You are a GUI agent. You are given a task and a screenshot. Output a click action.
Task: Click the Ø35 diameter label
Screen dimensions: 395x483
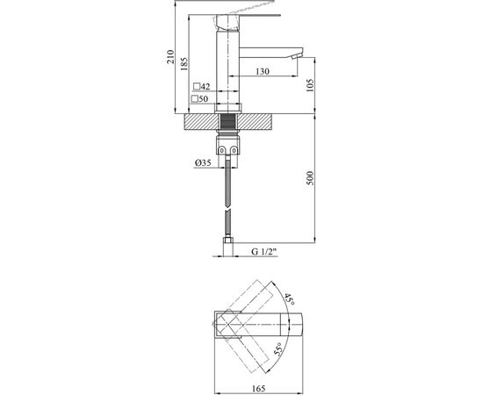click(202, 163)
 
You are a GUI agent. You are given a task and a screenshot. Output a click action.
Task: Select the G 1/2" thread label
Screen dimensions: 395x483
click(263, 253)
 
